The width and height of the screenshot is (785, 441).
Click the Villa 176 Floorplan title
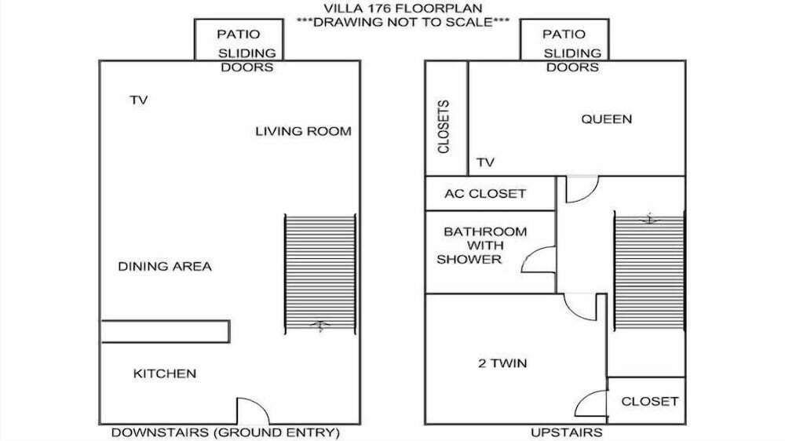coord(403,9)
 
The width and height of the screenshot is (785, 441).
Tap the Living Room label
coord(303,131)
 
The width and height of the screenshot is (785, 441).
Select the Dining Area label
coord(165,266)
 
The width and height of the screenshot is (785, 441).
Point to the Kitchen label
coord(165,374)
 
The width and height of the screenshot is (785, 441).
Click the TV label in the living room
coord(139,100)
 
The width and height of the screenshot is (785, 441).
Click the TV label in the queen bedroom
coord(485,162)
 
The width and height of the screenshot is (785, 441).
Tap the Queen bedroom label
coord(606,119)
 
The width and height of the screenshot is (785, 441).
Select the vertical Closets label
coord(444,126)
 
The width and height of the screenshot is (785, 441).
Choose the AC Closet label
coord(485,194)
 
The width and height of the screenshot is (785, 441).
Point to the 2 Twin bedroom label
coord(502,363)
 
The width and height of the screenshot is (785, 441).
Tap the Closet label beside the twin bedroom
coord(650,402)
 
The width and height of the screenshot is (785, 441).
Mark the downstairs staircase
coord(320,275)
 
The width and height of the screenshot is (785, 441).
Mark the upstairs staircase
coord(649,271)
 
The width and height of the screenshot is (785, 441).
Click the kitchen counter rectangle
coord(165,331)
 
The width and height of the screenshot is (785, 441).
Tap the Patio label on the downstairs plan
coord(239,34)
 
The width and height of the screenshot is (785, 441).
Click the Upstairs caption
coord(567,432)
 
